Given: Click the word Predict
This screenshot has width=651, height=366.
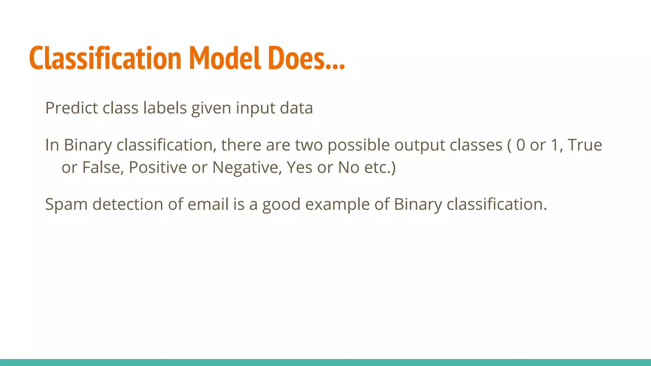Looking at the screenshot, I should coord(71,108).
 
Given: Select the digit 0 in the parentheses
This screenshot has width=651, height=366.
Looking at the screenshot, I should coord(521,145).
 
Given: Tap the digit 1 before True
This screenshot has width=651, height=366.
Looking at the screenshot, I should coord(555,145).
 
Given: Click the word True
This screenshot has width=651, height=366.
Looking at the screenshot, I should coord(585,145).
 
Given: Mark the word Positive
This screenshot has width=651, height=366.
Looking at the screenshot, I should coord(158,167).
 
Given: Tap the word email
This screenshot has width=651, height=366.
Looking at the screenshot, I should coord(208,204).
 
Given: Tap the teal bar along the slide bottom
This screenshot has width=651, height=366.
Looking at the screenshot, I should coord(325,362).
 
